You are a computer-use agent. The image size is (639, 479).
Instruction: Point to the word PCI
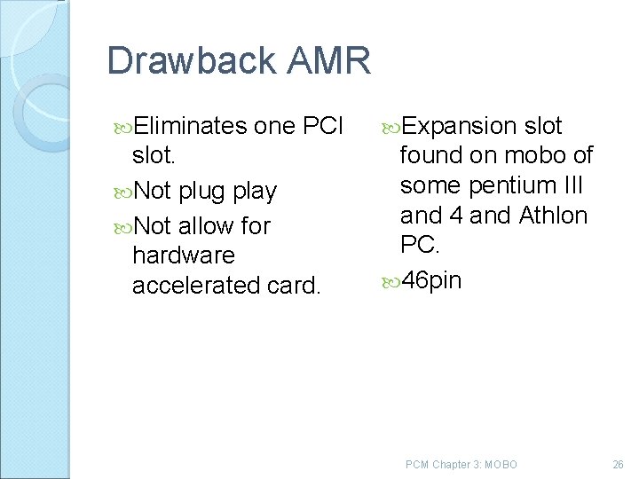pos(323,127)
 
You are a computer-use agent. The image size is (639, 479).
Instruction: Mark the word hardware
pos(184,255)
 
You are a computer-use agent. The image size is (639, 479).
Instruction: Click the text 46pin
pos(431,281)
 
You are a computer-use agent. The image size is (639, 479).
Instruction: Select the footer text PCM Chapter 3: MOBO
pos(461,464)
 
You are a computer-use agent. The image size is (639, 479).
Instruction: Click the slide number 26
pos(618,464)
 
